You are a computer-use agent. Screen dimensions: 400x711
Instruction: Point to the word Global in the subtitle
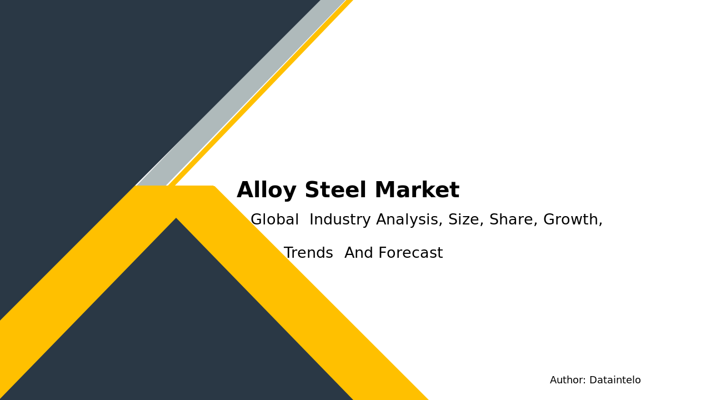tap(274, 221)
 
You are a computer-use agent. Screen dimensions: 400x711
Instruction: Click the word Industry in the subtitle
tap(340, 221)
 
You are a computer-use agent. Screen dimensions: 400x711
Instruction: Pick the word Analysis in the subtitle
tap(409, 221)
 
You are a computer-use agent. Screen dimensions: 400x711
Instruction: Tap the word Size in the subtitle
tap(465, 221)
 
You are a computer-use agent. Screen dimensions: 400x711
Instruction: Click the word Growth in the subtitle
tap(570, 221)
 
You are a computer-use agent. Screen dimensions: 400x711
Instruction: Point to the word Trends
tap(308, 254)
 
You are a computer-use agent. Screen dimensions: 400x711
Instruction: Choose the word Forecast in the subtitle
tap(411, 254)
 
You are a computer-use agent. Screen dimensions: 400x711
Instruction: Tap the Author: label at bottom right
tap(568, 381)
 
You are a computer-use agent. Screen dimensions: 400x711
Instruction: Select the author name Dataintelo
tap(615, 381)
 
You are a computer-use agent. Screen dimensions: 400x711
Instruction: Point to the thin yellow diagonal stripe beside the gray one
tap(261, 92)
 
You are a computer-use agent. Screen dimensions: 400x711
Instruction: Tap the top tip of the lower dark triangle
tap(176, 220)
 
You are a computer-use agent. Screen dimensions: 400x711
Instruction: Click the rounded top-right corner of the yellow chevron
tap(213, 187)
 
